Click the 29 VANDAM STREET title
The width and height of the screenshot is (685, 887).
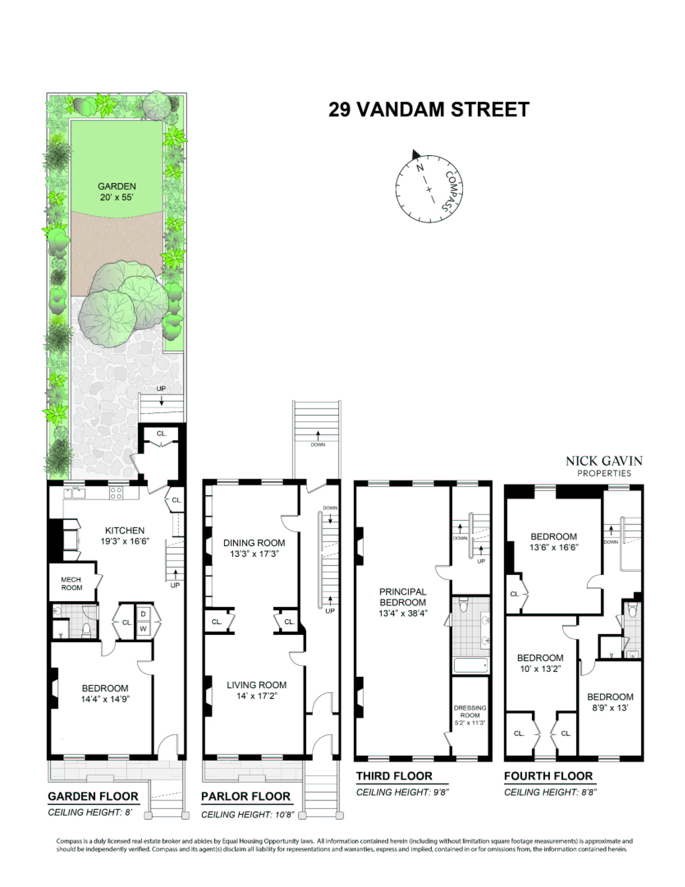(x=429, y=110)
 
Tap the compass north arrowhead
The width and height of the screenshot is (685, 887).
(x=416, y=154)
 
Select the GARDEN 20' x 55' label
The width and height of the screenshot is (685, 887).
(x=117, y=192)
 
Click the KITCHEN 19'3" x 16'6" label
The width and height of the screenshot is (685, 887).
(x=125, y=535)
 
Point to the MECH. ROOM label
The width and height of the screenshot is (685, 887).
(x=72, y=584)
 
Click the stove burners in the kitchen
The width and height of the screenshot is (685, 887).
(x=116, y=493)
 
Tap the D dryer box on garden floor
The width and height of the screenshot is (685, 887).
(x=143, y=614)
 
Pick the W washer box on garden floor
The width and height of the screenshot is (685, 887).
(x=143, y=629)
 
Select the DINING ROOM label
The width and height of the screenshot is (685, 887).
(x=254, y=548)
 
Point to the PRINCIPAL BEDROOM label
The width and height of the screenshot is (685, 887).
(x=403, y=602)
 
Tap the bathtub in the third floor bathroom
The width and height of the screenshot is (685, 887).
(x=471, y=665)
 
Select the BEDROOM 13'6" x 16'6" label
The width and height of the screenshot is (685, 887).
(x=554, y=542)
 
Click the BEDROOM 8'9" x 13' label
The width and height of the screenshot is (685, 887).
(x=610, y=702)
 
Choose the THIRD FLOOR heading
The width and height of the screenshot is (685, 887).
(x=394, y=776)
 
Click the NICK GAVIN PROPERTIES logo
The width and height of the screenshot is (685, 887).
(x=604, y=466)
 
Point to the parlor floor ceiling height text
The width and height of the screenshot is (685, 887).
(x=248, y=815)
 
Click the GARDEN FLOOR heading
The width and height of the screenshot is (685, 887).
(x=93, y=797)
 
